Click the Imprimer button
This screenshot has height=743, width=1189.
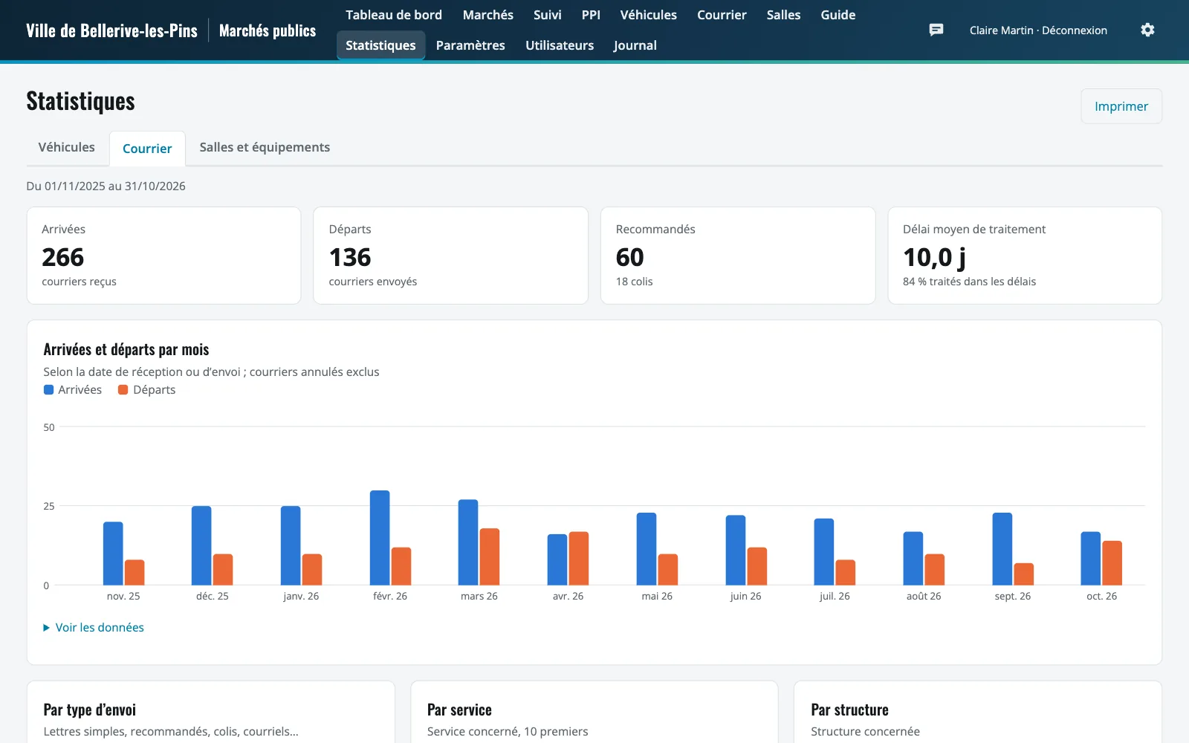(x=1121, y=106)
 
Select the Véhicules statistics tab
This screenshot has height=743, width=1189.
(x=66, y=147)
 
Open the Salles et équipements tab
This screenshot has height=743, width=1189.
(x=265, y=147)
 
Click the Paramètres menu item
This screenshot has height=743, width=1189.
(x=470, y=45)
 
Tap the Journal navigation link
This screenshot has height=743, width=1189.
(x=635, y=45)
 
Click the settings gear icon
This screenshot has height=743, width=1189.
(x=1147, y=30)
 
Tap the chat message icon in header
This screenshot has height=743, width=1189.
(x=936, y=30)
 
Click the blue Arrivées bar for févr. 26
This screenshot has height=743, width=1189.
(x=380, y=538)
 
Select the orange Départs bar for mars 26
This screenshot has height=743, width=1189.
(x=490, y=557)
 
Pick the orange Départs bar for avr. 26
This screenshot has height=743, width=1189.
(x=579, y=558)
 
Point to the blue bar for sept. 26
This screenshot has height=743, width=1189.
(x=1002, y=549)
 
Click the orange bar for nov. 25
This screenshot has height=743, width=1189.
(x=135, y=573)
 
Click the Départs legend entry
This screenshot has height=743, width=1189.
(x=146, y=389)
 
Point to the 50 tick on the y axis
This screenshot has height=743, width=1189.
(x=49, y=427)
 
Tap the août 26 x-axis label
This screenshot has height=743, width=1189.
(x=924, y=596)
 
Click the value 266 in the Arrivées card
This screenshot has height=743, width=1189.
(x=62, y=257)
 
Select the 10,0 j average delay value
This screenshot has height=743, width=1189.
(x=934, y=258)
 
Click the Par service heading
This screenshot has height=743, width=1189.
(x=459, y=710)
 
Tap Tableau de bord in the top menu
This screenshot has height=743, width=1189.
(x=394, y=15)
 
